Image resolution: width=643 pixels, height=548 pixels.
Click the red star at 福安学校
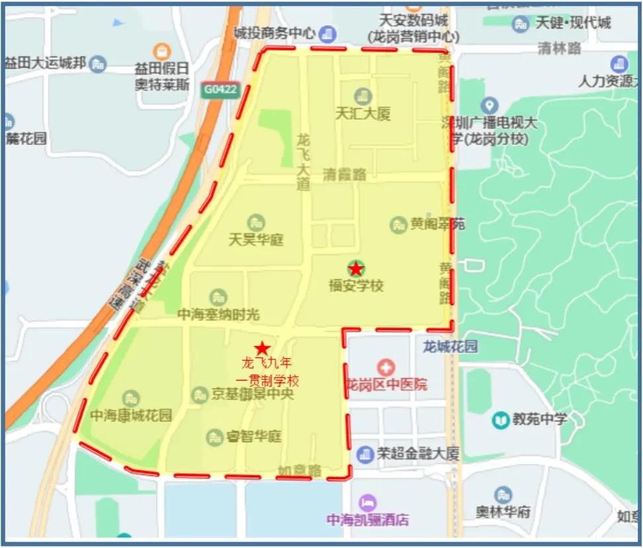pos(356,269)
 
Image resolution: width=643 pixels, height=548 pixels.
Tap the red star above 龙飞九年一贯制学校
pos(263,347)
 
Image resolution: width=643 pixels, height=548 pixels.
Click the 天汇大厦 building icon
pos(362,96)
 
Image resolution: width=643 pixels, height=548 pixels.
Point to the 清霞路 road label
pos(345,175)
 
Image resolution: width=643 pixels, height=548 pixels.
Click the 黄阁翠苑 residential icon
pos(398,224)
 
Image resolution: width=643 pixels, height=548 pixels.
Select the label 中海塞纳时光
pos(218,315)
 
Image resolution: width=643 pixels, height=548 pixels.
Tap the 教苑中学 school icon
pos(501,419)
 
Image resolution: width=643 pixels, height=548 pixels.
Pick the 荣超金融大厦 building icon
pos(364,455)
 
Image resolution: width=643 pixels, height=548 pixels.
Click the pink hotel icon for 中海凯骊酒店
pos(368,502)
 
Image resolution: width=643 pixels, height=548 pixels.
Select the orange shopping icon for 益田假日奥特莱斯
pos(161,51)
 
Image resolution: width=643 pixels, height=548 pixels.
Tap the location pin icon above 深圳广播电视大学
pos(489,105)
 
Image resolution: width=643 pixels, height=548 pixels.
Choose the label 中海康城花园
pos(131,416)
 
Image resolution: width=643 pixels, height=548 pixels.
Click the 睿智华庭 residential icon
pos(214,437)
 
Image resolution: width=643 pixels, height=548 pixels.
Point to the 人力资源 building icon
pos(620,64)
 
